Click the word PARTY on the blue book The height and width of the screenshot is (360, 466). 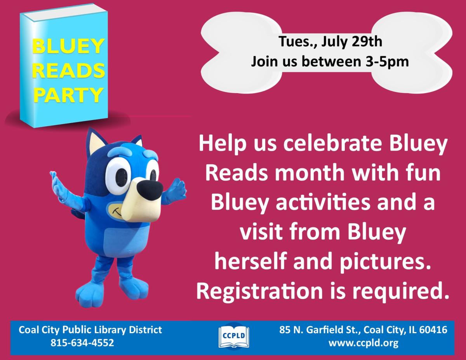(x=68, y=94)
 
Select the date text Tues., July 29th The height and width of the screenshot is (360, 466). (x=331, y=42)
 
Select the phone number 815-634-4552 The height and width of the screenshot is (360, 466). (x=82, y=343)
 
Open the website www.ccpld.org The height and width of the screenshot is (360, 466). (x=363, y=343)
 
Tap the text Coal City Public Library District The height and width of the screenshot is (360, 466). (x=90, y=330)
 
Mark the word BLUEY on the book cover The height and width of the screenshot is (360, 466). (x=68, y=47)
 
